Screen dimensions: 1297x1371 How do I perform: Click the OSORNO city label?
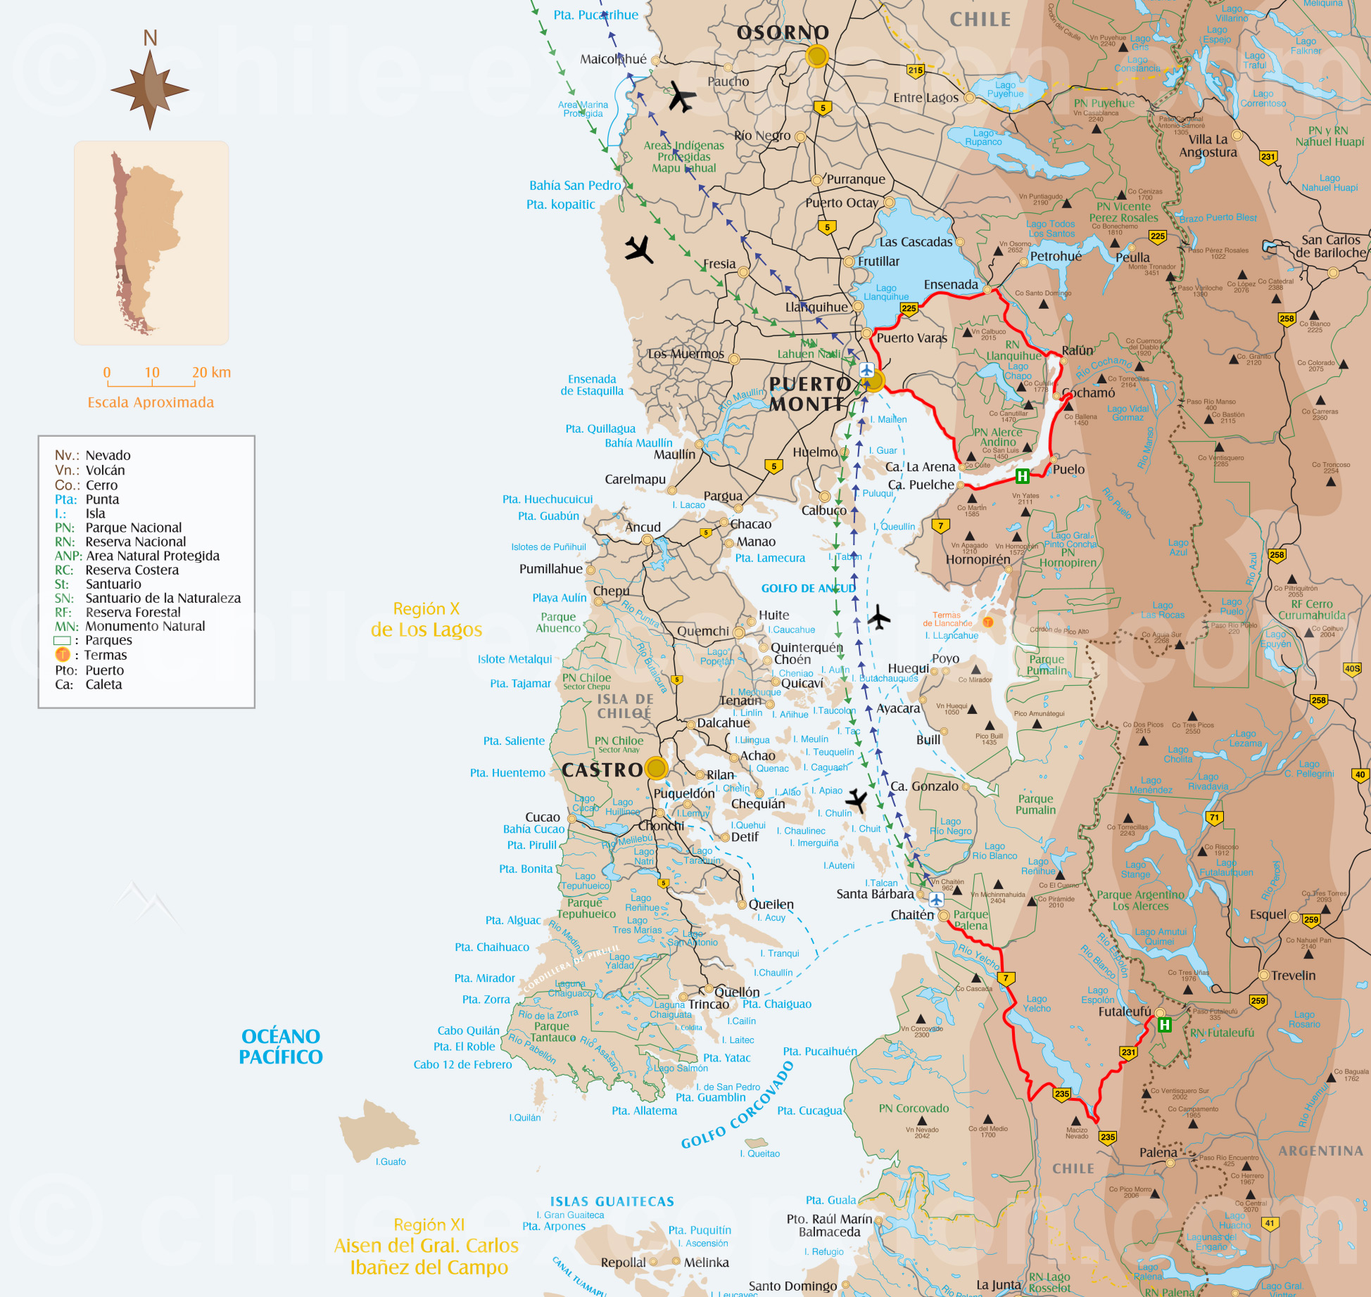point(783,32)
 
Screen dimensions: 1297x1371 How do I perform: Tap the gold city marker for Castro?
point(656,768)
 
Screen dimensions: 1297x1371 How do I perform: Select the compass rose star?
point(150,90)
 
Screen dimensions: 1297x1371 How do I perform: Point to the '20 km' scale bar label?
point(211,372)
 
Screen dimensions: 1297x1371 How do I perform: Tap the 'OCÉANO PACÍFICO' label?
point(280,1046)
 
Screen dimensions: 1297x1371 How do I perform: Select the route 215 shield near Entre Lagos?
point(915,70)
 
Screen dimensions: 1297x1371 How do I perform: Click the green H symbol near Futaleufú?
point(1165,1025)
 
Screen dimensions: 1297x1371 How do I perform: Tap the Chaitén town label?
point(912,914)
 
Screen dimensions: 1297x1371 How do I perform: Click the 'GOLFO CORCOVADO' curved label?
point(738,1106)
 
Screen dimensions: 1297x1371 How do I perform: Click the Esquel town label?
point(1268,914)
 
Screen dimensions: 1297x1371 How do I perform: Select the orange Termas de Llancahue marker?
point(988,622)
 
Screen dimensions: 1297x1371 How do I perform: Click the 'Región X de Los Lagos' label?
point(427,619)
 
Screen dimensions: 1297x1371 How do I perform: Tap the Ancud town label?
point(643,527)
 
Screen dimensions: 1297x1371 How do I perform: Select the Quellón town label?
point(737,992)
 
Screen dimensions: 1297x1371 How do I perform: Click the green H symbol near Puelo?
point(1023,476)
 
